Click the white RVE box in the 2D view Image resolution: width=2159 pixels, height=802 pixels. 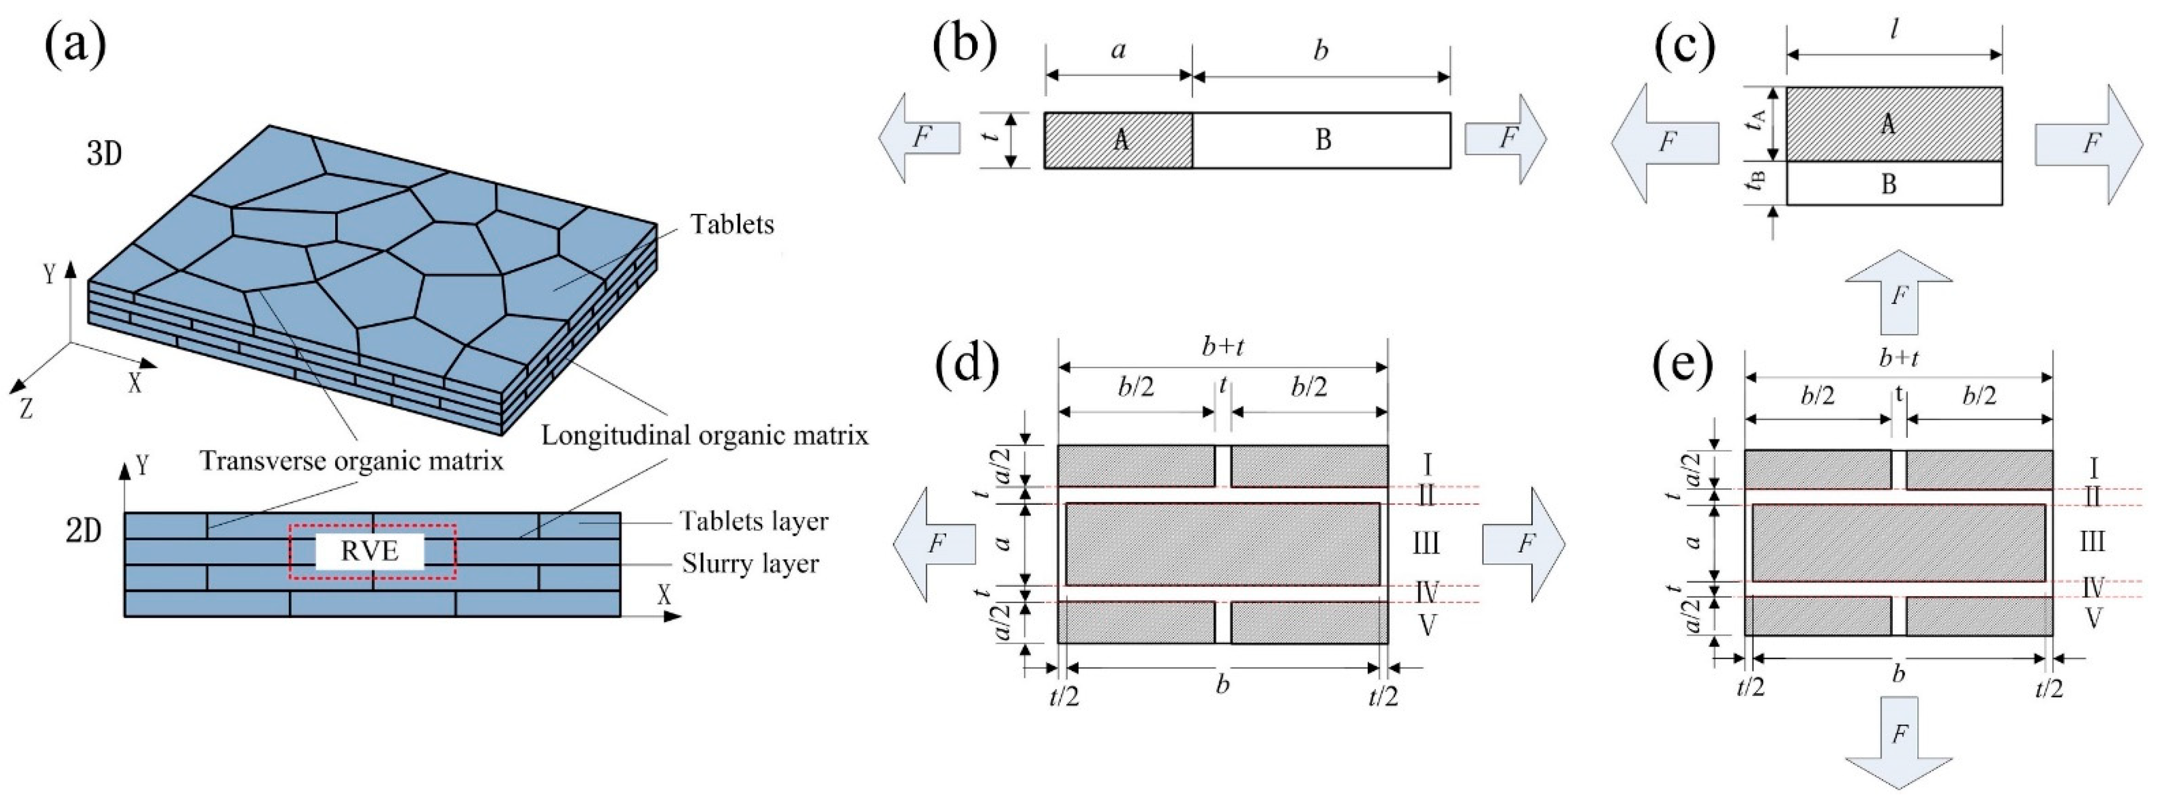click(x=370, y=552)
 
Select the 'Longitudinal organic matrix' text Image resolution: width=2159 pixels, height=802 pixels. click(x=704, y=435)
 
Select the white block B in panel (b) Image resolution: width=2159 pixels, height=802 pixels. click(x=1322, y=140)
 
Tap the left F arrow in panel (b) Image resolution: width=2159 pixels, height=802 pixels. click(x=920, y=138)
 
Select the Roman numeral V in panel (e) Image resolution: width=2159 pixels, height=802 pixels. click(x=2092, y=619)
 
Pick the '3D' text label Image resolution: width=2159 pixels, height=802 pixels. click(x=104, y=155)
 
